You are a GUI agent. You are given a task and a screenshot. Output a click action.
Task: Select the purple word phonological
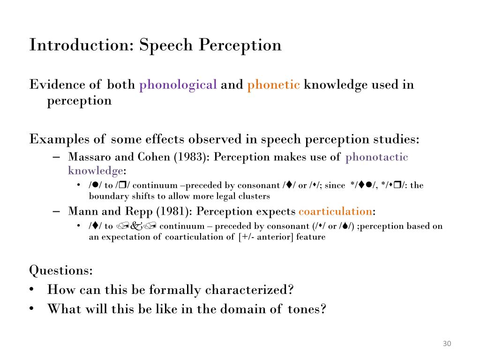point(178,85)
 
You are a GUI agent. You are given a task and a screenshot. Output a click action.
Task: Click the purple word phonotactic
point(377,157)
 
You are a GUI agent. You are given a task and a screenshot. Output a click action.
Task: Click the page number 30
point(446,345)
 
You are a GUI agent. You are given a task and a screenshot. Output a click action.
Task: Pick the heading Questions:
point(61,270)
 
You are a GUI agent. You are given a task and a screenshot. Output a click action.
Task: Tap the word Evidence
point(55,85)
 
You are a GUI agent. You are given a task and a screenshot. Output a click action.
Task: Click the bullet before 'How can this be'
point(32,290)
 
